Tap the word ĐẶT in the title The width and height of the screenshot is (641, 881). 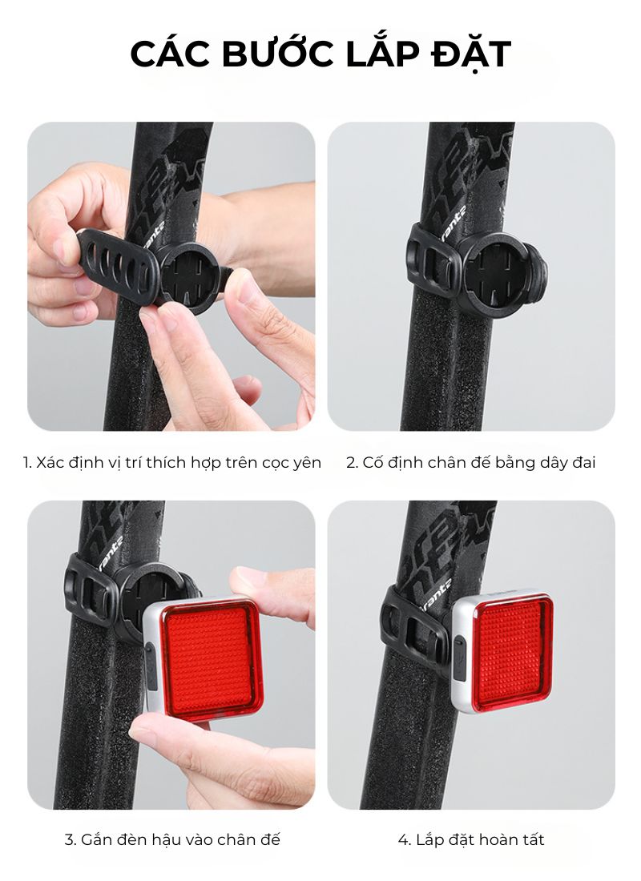coord(471,54)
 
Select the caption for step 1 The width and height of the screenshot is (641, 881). coord(172,463)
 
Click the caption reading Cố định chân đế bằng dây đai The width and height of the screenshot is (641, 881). coord(470,463)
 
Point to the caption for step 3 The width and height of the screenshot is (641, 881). coord(172,840)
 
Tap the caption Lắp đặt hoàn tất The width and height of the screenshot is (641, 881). coord(470,840)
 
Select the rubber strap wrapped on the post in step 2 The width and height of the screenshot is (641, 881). coord(433,255)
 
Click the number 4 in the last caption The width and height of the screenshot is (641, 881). coord(404,840)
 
